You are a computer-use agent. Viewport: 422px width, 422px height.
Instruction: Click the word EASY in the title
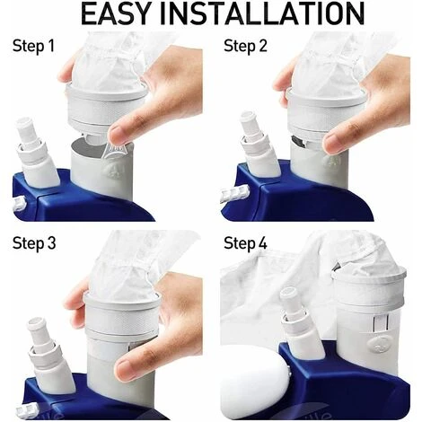pos(115,13)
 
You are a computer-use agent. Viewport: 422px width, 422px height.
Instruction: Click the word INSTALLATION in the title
pos(263,13)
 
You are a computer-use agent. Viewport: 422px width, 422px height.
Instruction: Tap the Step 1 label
pos(33,46)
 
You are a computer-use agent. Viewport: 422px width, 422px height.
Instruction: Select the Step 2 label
pos(245,46)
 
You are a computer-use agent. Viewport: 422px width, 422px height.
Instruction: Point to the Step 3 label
pos(34,243)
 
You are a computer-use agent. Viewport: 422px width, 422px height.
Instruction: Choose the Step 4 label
pos(245,243)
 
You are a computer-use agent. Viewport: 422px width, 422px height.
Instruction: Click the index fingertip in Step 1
pos(118,135)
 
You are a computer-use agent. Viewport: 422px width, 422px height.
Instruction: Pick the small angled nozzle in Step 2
pos(259,145)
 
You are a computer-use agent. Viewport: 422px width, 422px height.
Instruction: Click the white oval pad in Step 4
pos(253,382)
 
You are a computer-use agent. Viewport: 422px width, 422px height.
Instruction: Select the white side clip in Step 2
pos(235,192)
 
